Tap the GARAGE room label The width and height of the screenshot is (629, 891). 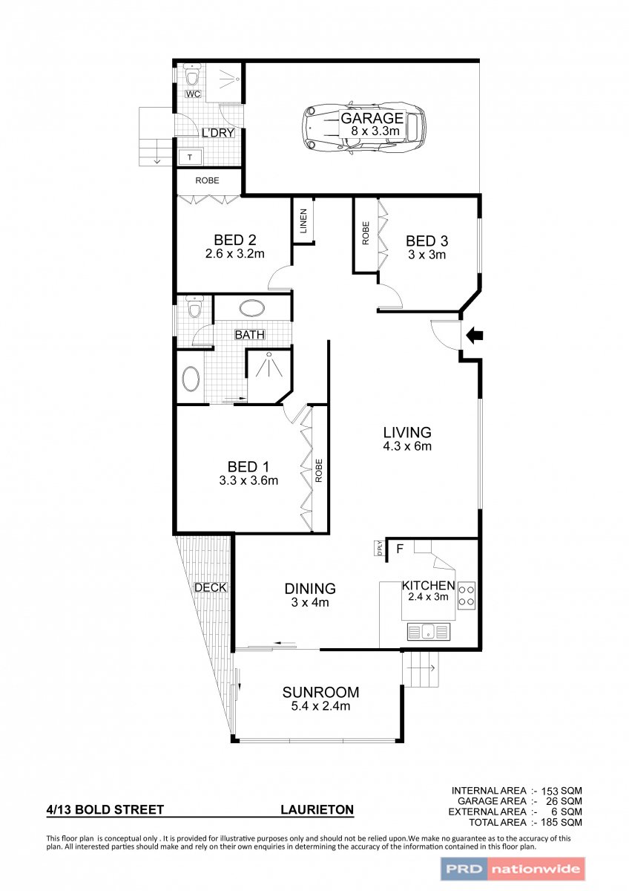coord(372,118)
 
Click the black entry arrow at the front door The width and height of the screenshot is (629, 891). coord(475,335)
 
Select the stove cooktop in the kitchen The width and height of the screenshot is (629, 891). coord(467,595)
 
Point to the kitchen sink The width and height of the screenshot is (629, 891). coord(428,631)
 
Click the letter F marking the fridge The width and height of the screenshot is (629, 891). coord(400,549)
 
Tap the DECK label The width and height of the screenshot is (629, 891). coord(211,587)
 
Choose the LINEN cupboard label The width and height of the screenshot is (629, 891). coord(303,221)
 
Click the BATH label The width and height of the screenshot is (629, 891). coord(250,335)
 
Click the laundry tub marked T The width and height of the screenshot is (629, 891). coord(191,157)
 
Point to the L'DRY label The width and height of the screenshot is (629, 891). coord(218,133)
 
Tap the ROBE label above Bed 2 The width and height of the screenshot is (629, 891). coord(207,180)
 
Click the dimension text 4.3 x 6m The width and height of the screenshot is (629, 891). coord(407,446)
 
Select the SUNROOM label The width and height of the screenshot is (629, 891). coord(320,692)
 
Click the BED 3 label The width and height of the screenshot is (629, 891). coord(427,241)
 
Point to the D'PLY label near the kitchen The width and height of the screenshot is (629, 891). coord(380,549)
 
